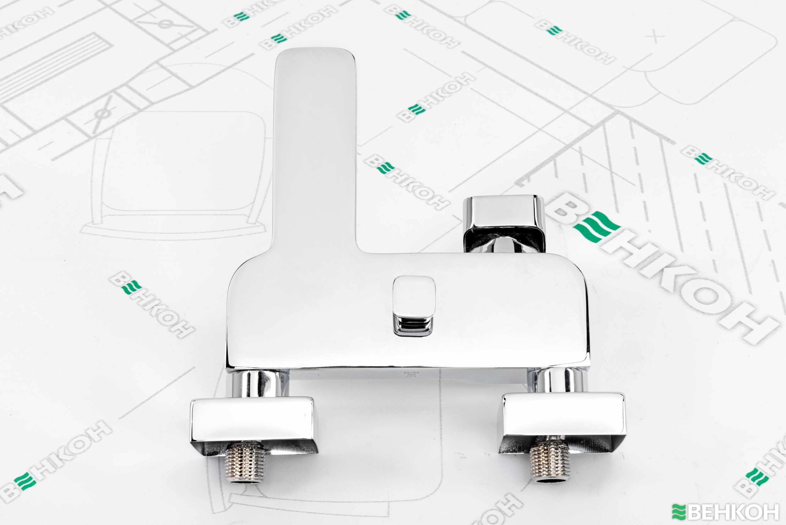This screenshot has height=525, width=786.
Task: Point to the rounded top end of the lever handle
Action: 315,55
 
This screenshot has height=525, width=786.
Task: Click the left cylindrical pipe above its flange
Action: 257,384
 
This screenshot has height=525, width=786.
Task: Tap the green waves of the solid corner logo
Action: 679,511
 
